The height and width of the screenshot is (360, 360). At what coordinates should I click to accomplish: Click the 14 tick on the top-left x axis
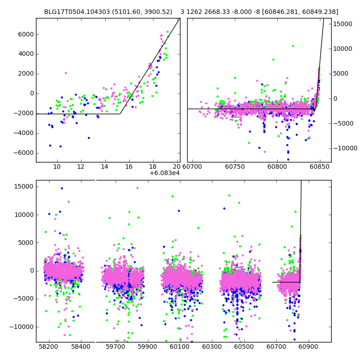(105, 167)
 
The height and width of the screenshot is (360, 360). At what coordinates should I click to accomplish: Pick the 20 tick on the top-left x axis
(176, 167)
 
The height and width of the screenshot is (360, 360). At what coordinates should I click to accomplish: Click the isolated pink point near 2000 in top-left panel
(66, 73)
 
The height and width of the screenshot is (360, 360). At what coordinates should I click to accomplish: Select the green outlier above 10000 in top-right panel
(293, 46)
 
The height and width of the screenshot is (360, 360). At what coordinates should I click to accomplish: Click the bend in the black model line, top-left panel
(120, 114)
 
